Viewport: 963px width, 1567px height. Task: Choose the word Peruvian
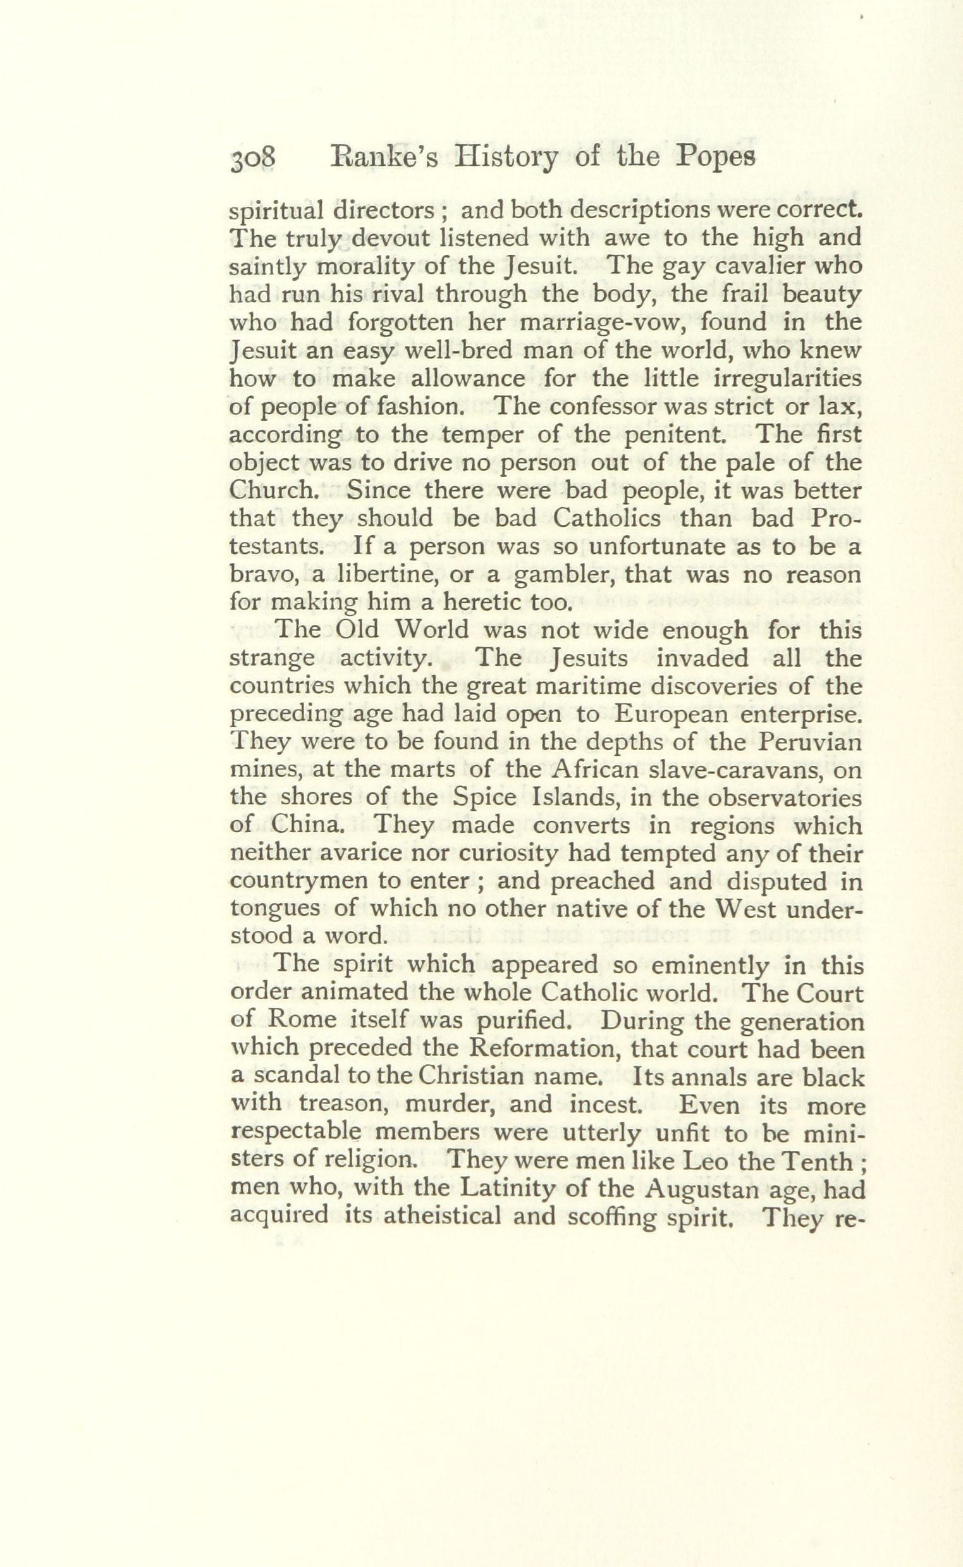pos(806,744)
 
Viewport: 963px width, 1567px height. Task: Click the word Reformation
pos(536,1051)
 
